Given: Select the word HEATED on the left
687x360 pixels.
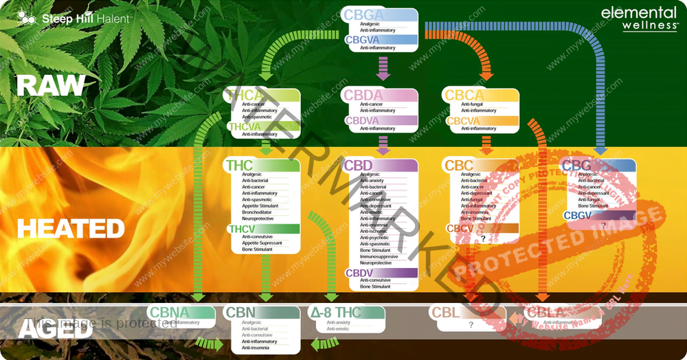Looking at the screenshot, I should point(71,228).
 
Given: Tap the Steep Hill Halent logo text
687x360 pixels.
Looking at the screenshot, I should point(85,19).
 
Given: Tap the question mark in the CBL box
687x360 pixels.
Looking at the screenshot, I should point(471,325).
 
